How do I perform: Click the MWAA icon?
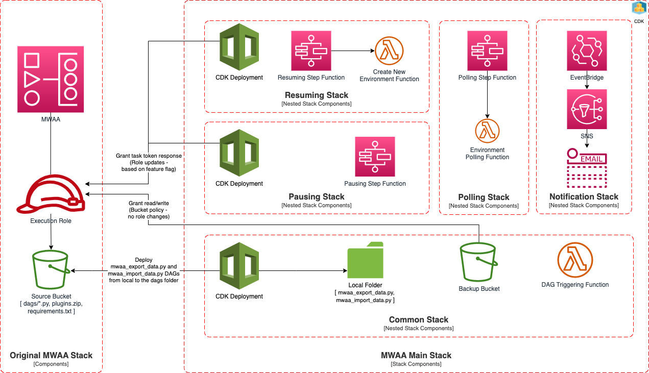(x=51, y=79)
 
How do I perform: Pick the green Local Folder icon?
(x=365, y=260)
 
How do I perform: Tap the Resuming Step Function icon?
(x=311, y=51)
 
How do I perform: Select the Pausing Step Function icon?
(x=375, y=157)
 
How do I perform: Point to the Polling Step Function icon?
(x=487, y=51)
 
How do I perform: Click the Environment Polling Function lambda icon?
(x=487, y=131)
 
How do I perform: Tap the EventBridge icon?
(x=587, y=51)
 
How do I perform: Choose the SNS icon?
(x=587, y=109)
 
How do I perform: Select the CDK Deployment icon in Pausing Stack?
(x=239, y=153)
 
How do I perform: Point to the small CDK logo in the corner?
(x=639, y=8)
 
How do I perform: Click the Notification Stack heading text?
(x=584, y=196)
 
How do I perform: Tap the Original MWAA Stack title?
(x=51, y=355)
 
